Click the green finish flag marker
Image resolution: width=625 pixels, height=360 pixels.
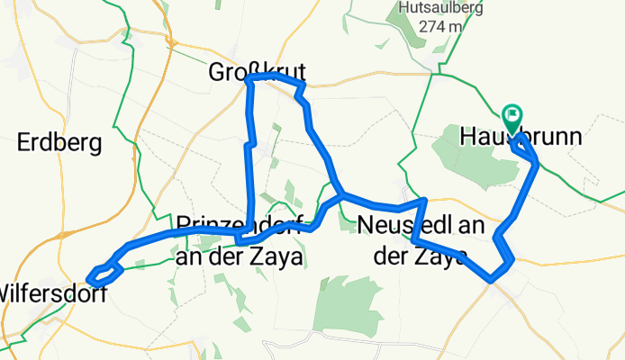coord(513,116)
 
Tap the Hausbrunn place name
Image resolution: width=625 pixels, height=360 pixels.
coord(520,138)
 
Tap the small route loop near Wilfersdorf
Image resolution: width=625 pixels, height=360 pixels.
coord(104,271)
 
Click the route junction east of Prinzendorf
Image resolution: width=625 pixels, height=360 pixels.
coord(340,194)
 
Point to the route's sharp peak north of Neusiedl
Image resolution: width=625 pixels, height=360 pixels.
coord(424,199)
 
